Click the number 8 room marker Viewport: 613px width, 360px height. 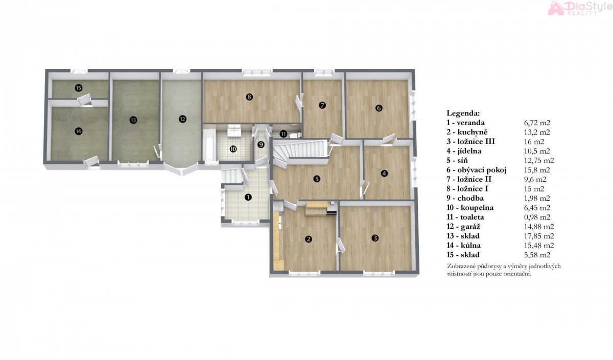249,97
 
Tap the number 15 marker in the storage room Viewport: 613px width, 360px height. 79,88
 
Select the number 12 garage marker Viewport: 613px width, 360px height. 182,119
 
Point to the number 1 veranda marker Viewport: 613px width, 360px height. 248,197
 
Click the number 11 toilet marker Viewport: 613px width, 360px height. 283,134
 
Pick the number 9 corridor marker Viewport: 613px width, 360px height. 261,145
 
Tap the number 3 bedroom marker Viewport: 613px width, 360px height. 375,238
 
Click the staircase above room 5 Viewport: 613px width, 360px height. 301,151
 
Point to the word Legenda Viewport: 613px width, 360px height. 463,113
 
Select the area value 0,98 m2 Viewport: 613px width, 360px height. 537,217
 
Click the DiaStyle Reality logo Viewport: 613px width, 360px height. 580,8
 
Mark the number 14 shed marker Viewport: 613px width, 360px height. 79,131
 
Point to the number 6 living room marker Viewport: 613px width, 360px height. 379,108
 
